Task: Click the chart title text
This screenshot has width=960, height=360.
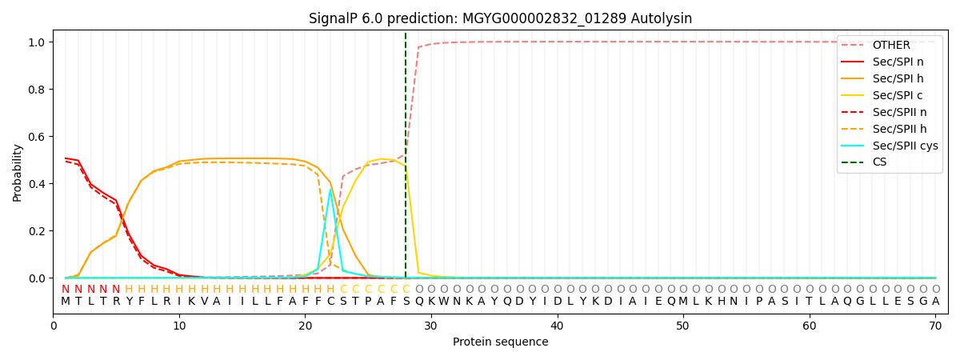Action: coord(500,18)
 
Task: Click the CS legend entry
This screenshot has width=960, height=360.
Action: coord(880,162)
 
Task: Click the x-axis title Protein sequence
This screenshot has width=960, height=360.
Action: coord(500,342)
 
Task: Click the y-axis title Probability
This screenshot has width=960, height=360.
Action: coord(18,172)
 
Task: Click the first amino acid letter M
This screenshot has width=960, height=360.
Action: coord(66,302)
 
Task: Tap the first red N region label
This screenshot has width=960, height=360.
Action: coord(66,290)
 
